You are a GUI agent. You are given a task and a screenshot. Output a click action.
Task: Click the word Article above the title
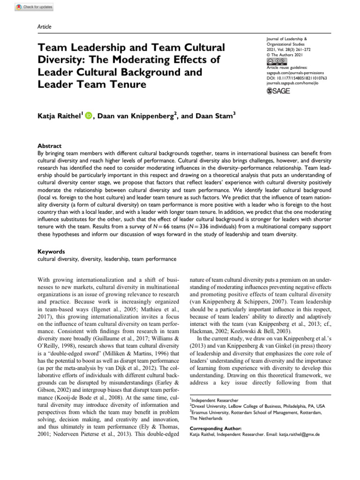pyautogui.click(x=44, y=27)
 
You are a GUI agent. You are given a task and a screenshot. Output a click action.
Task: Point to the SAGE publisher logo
pyautogui.click(x=278, y=90)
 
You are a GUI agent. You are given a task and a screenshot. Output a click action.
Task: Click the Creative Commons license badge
pyautogui.click(x=277, y=61)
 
